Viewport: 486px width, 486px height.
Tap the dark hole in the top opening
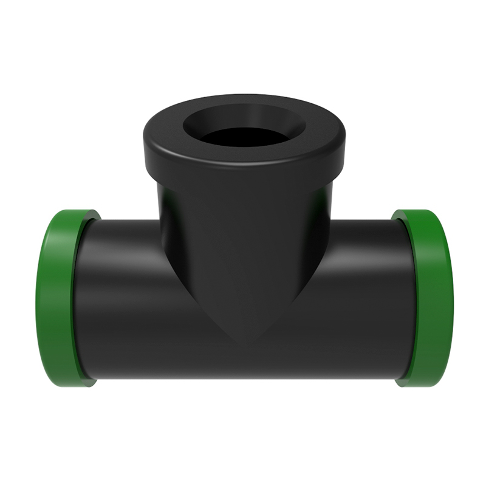[243, 137]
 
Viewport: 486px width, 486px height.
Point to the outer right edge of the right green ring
[453, 298]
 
